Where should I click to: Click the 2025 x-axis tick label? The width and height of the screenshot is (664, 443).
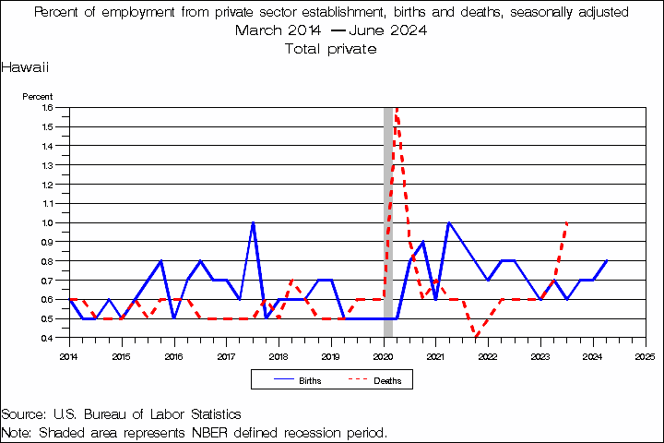645,355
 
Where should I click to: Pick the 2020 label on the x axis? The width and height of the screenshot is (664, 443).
383,355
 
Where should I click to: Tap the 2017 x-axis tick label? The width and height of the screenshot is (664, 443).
226,355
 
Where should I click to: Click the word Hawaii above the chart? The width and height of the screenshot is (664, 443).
25,68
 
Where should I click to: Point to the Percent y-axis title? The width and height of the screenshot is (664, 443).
38,96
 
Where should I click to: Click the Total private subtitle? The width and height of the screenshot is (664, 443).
331,48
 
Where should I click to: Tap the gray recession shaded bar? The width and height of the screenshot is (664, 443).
389,221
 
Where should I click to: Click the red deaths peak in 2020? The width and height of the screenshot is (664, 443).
397,109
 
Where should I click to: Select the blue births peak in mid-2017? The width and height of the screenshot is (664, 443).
253,222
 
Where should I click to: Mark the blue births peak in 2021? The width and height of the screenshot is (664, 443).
448,222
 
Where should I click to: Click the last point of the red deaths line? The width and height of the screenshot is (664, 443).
566,222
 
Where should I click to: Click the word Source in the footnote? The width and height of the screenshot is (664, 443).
23,414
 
